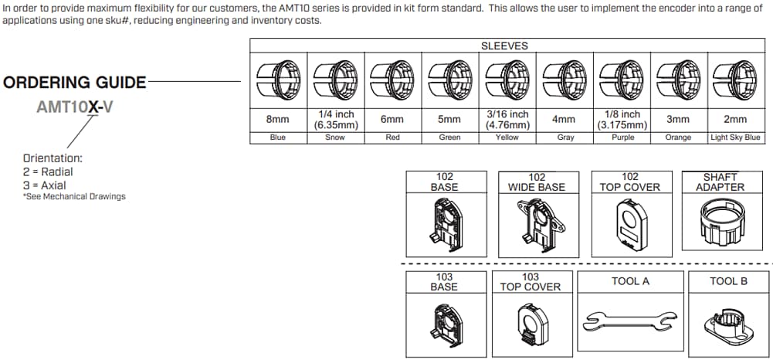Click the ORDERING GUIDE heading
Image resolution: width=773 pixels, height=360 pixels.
(x=75, y=82)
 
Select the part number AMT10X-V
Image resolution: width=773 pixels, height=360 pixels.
(x=75, y=107)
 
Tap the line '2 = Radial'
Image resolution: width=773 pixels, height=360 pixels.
(x=48, y=172)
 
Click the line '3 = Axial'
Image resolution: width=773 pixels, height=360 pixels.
(x=45, y=185)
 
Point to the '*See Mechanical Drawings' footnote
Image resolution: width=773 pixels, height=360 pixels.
(x=74, y=196)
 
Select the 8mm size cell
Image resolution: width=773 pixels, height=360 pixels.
(x=278, y=119)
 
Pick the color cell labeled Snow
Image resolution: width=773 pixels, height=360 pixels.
(x=335, y=138)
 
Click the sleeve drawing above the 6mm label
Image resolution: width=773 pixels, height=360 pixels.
(x=392, y=79)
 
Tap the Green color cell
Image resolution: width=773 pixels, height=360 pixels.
(x=449, y=138)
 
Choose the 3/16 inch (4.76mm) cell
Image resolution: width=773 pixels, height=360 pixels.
(x=507, y=119)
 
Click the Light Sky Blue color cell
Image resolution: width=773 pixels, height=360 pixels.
(x=735, y=138)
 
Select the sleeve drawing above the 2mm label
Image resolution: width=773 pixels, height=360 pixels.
(x=735, y=79)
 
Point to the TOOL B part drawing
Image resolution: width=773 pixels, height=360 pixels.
(x=728, y=318)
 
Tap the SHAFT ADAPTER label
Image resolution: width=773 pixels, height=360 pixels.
(x=720, y=182)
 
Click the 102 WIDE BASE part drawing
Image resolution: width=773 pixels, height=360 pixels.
(x=537, y=225)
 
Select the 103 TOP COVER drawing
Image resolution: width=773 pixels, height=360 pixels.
(x=531, y=321)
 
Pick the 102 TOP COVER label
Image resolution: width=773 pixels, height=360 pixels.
(x=630, y=182)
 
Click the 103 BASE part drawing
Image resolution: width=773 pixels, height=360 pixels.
(x=446, y=321)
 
